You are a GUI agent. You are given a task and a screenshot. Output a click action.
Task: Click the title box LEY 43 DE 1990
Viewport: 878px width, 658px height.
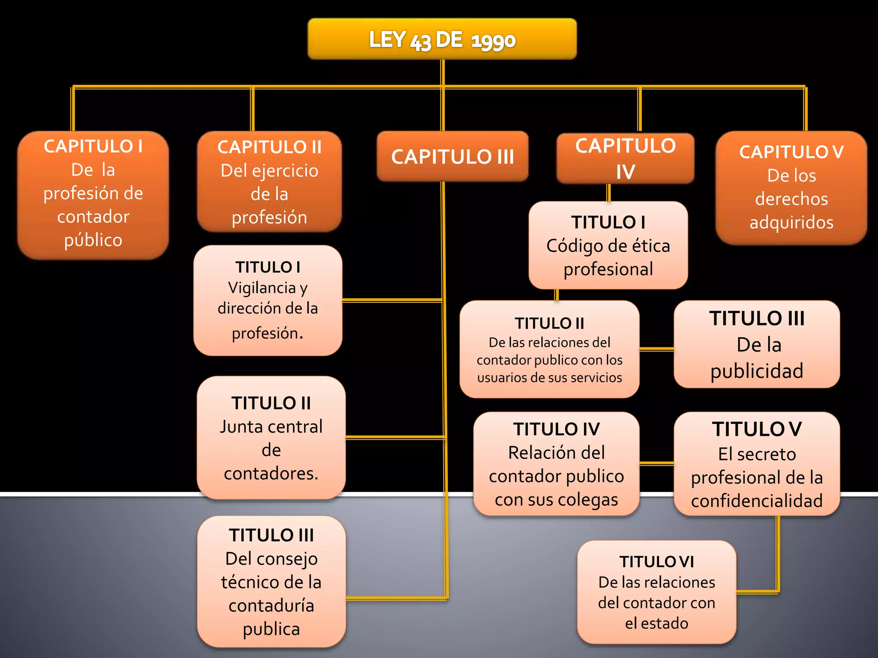pyautogui.click(x=442, y=39)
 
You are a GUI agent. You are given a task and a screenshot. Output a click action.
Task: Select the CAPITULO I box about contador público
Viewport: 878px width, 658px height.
pyautogui.click(x=93, y=195)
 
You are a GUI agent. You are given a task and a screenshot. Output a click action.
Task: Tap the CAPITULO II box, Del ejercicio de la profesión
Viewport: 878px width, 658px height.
pyautogui.click(x=269, y=182)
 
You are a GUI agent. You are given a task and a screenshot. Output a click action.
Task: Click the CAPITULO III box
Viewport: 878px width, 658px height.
pyautogui.click(x=452, y=157)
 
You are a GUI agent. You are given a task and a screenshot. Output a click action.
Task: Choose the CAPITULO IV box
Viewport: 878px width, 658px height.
pyautogui.click(x=625, y=159)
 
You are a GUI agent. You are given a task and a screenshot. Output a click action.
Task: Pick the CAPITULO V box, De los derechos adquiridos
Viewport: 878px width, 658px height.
pyautogui.click(x=791, y=188)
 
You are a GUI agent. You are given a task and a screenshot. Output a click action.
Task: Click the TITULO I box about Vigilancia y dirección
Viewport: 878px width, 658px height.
pyautogui.click(x=268, y=300)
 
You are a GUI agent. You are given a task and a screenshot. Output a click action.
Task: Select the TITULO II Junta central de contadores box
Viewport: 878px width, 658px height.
pyautogui.click(x=271, y=437)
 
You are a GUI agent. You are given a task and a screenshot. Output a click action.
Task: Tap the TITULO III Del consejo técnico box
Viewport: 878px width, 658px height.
pyautogui.click(x=271, y=581)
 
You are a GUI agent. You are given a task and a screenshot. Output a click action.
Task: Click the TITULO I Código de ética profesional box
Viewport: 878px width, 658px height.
pyautogui.click(x=608, y=245)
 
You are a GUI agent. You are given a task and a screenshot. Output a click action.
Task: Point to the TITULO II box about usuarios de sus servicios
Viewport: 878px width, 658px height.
pyautogui.click(x=549, y=349)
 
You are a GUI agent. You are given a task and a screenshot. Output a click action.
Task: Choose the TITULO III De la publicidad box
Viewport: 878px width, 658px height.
pyautogui.click(x=757, y=344)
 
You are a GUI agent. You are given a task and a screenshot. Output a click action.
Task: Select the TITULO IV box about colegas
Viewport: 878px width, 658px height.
pyautogui.click(x=556, y=464)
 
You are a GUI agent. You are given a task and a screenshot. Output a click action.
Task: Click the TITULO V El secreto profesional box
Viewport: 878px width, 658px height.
pyautogui.click(x=757, y=464)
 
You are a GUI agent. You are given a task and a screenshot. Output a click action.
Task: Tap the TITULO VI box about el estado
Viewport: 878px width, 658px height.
pyautogui.click(x=656, y=592)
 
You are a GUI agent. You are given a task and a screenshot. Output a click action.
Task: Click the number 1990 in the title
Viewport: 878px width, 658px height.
pyautogui.click(x=493, y=41)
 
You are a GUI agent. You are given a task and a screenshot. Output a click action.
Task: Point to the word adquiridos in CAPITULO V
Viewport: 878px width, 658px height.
pyautogui.click(x=791, y=222)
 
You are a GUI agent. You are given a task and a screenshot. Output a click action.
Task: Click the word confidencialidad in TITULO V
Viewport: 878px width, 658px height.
pyautogui.click(x=757, y=501)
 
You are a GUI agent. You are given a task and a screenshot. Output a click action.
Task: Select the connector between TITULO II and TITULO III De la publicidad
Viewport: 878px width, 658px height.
pyautogui.click(x=656, y=349)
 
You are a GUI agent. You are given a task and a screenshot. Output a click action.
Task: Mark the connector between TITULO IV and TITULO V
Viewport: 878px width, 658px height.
pyautogui.click(x=656, y=464)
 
